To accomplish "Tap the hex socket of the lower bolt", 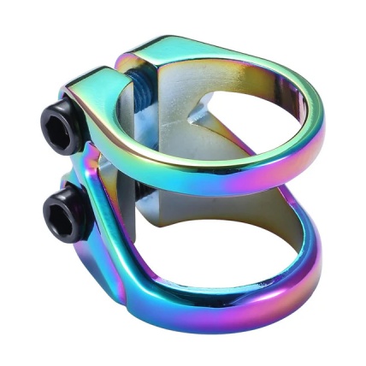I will (56, 212).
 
